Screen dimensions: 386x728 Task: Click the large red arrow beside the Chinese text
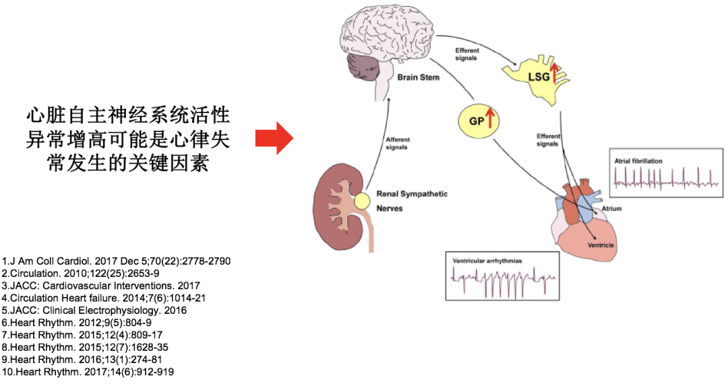click(x=273, y=138)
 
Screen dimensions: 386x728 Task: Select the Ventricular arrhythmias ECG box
click(x=502, y=276)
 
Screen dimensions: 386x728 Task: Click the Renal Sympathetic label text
click(x=412, y=194)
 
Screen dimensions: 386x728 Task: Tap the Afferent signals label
click(x=398, y=143)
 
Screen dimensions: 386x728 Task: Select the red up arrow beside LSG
click(x=555, y=71)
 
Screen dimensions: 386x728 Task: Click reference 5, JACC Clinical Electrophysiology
click(x=94, y=311)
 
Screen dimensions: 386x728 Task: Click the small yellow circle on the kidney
click(x=363, y=200)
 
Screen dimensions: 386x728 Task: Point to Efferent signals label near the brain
click(x=466, y=54)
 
